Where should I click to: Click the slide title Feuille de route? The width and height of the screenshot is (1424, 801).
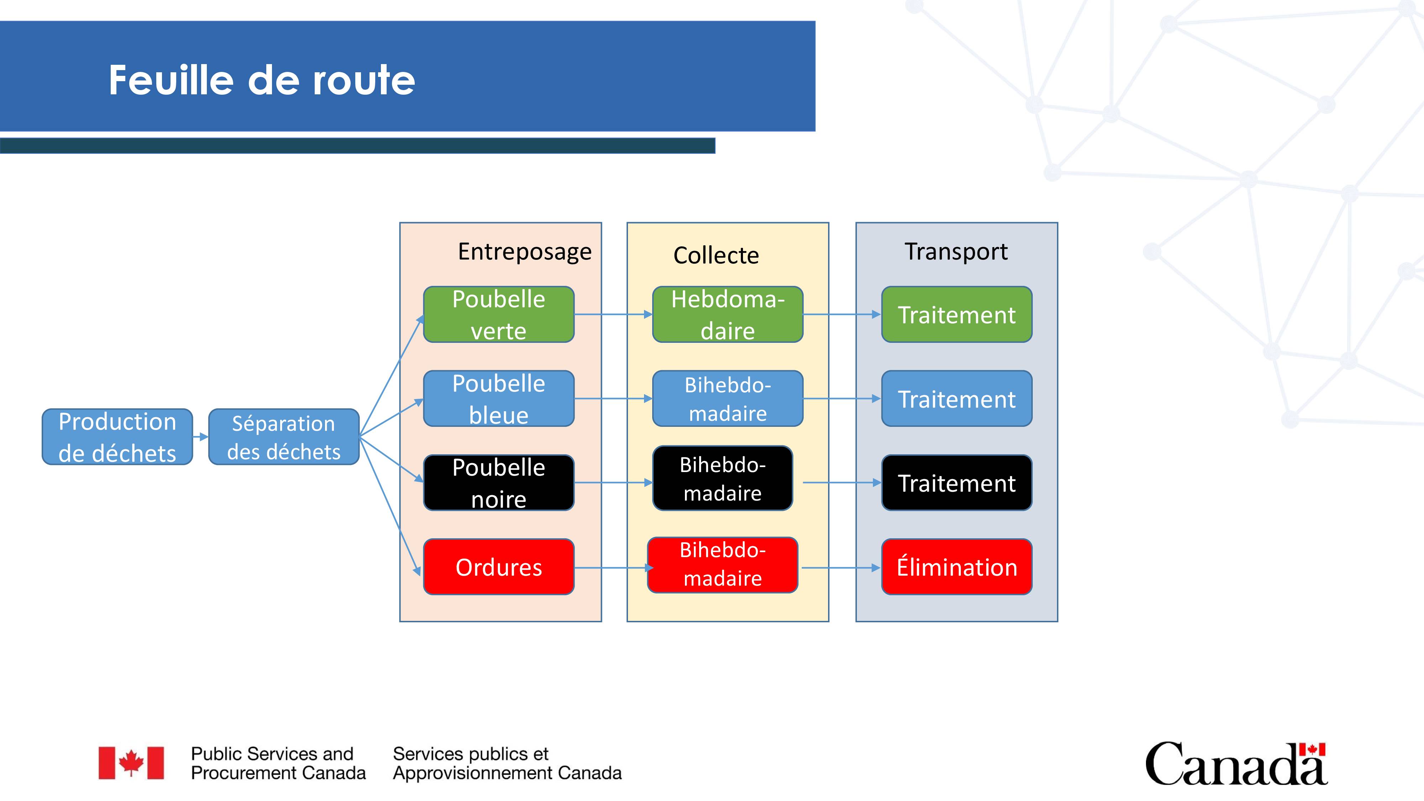pos(261,80)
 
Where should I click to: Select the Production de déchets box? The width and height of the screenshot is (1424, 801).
pos(117,437)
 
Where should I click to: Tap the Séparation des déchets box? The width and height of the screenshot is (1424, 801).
pos(284,437)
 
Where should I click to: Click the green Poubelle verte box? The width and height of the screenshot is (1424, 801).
pos(499,314)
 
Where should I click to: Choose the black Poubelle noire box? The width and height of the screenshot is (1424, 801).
pos(499,483)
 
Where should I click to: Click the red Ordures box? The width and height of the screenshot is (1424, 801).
pos(499,567)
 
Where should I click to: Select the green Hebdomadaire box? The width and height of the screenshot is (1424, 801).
pos(727,314)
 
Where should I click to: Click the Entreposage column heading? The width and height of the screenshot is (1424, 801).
pos(525,252)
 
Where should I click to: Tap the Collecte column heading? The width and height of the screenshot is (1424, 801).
pos(716,255)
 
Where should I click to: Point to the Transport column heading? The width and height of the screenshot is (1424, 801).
pos(956,252)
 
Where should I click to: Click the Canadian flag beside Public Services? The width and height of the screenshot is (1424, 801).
pos(131,763)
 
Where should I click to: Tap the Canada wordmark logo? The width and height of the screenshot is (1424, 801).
pos(1236,763)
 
